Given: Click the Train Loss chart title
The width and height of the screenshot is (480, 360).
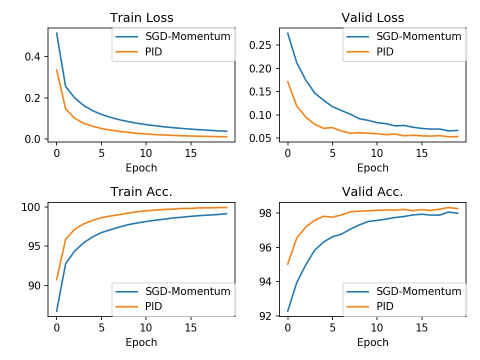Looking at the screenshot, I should click(x=141, y=18).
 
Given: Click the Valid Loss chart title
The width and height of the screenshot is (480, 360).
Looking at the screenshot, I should click(x=372, y=18).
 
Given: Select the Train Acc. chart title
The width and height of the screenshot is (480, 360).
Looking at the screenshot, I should click(x=141, y=192).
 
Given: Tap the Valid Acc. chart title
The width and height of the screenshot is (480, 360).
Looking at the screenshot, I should click(x=372, y=192).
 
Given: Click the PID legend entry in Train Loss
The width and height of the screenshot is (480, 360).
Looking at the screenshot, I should click(x=155, y=52).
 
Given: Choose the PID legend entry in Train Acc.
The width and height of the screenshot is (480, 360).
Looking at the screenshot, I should click(x=155, y=305).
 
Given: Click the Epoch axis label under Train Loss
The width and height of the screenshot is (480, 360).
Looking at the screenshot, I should click(x=141, y=168).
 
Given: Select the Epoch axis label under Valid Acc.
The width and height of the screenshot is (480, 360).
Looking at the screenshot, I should click(x=372, y=342).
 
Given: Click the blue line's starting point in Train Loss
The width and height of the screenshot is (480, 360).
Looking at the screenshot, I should click(x=56, y=33).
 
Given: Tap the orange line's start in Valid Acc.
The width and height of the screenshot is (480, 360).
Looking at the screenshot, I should click(x=287, y=264).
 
